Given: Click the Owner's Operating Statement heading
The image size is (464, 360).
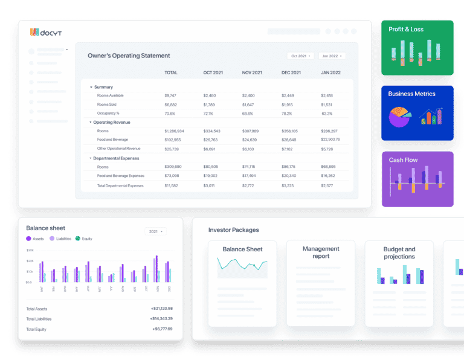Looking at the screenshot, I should coord(129,56).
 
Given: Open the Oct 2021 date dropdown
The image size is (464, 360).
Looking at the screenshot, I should coord(301,56).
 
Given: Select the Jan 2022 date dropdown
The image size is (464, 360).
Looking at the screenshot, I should coord(332,56).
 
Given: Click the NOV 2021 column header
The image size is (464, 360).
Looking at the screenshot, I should coord(252,72).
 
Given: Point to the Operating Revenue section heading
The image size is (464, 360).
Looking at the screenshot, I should coord(111,123).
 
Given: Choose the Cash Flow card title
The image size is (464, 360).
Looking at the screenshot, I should coord(403,160).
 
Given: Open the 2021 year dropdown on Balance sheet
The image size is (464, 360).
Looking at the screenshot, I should coord(156,231).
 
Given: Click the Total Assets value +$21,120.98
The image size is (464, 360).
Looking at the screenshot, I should coord(161,309).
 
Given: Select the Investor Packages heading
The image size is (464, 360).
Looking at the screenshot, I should coord(233,230).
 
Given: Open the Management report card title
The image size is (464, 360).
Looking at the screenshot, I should coord(321,252).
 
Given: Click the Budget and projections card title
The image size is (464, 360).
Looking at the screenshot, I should coord(399,252).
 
